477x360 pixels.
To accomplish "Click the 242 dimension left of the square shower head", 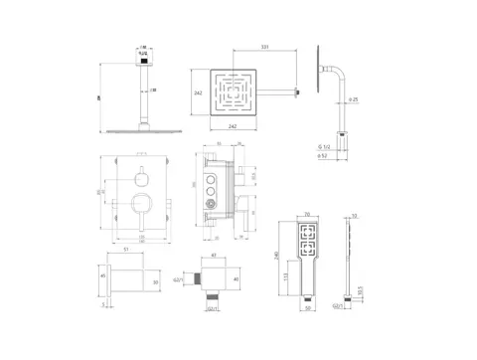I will [x=199, y=91].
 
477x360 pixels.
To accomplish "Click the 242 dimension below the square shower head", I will [x=232, y=127].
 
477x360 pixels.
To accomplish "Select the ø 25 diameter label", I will [x=354, y=99].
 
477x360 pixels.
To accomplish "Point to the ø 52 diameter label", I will [x=322, y=157].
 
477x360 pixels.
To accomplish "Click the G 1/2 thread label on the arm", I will [x=322, y=147].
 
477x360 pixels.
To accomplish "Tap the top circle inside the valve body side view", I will [x=210, y=171].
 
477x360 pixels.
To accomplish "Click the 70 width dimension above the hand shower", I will [x=306, y=214].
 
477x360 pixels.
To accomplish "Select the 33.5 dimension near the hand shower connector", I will [x=360, y=290].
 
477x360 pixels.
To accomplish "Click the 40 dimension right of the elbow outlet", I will [x=236, y=279].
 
